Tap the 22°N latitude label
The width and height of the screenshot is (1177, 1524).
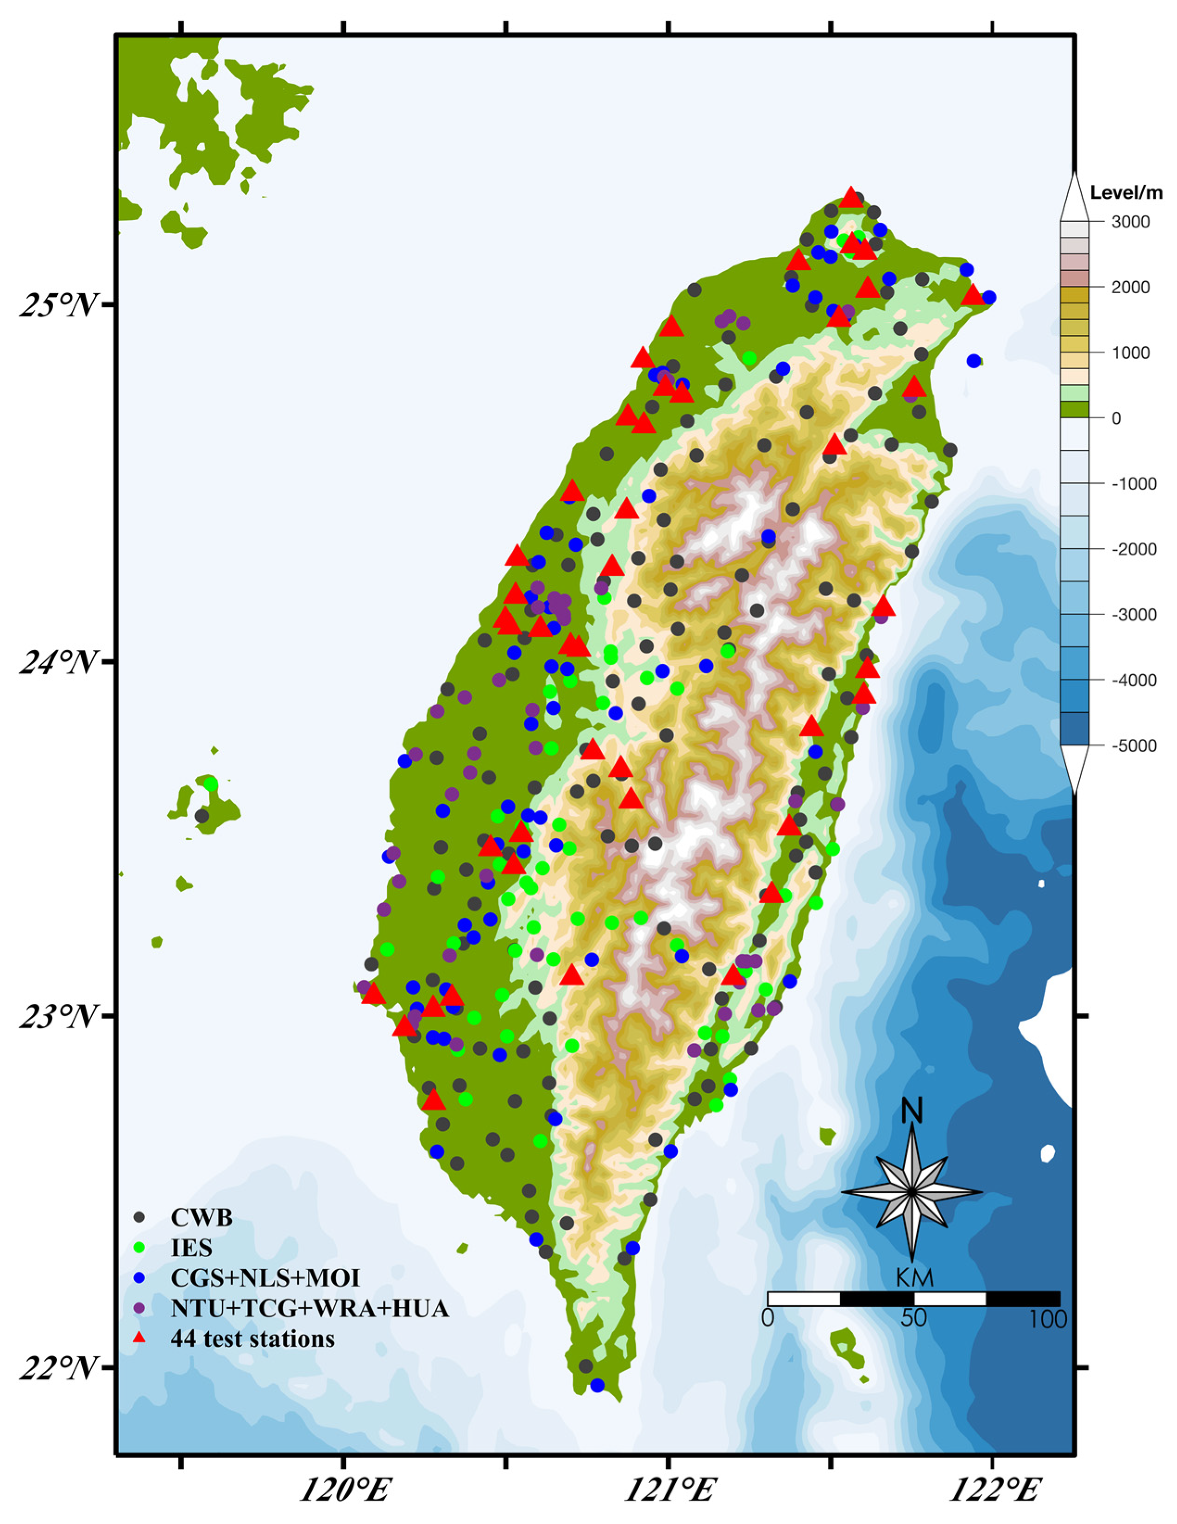[57, 1369]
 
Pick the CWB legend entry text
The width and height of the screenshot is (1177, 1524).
[201, 1218]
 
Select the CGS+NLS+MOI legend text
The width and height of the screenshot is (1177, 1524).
[265, 1278]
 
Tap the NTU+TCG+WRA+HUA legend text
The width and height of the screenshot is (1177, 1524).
[309, 1309]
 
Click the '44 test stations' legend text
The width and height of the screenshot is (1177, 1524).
[252, 1338]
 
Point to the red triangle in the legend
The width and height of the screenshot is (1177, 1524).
[139, 1338]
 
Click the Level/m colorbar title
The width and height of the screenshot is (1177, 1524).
[1126, 193]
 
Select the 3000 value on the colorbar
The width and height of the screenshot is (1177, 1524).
[1130, 222]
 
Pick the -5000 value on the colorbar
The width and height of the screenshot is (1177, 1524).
[1133, 746]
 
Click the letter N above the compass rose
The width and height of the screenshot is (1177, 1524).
[913, 1112]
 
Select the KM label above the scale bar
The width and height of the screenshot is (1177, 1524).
[914, 1278]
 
